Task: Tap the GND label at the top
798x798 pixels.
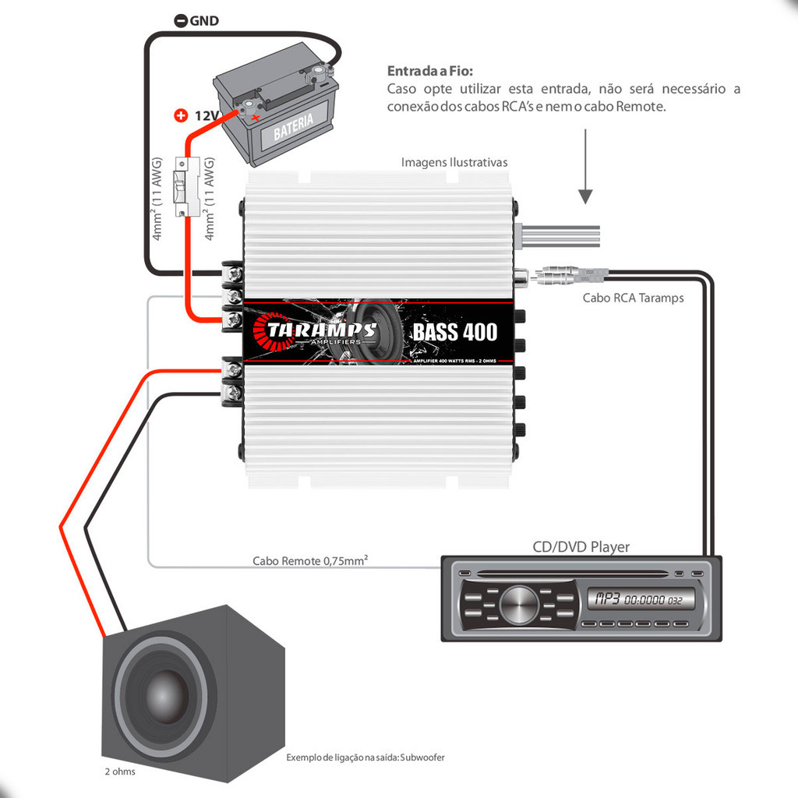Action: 203,21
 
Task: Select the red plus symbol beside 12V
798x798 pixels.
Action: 181,116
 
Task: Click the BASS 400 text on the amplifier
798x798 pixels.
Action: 454,332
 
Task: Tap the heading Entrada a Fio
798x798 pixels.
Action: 430,71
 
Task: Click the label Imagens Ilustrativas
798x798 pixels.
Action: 454,162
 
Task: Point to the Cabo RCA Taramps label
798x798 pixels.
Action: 633,298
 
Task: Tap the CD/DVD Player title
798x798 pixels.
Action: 581,546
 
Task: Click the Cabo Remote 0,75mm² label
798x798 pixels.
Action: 310,560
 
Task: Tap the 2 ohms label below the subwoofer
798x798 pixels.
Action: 120,772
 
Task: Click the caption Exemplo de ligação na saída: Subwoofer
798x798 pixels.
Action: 365,757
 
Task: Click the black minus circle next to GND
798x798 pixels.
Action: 180,21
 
